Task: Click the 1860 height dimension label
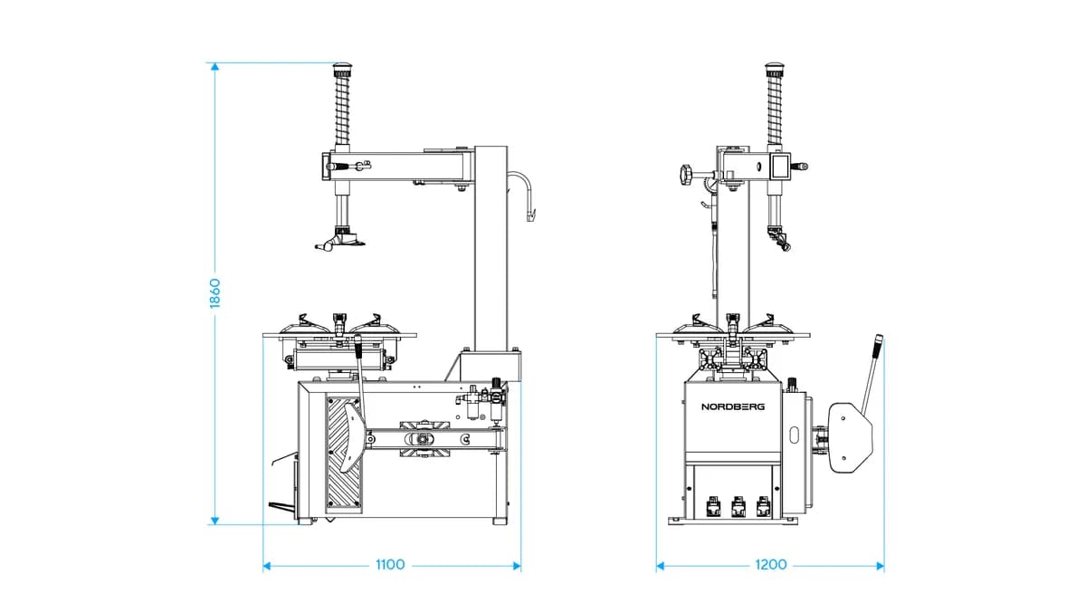tap(214, 293)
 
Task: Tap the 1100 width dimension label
tap(390, 565)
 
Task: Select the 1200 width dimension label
tap(771, 565)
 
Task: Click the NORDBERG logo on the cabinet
tap(733, 406)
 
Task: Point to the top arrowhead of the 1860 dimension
tap(214, 66)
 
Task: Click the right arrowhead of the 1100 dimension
tap(517, 566)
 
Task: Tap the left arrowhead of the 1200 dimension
tap(660, 566)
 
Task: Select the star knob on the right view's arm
tap(686, 174)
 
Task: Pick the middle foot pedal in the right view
tap(738, 507)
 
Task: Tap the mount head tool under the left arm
tap(339, 240)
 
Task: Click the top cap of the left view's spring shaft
tap(342, 67)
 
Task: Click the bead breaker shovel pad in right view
tap(850, 437)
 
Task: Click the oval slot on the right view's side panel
tap(795, 435)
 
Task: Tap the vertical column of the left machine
tap(491, 248)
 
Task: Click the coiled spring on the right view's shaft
tap(775, 110)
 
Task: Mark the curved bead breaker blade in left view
tap(352, 436)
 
